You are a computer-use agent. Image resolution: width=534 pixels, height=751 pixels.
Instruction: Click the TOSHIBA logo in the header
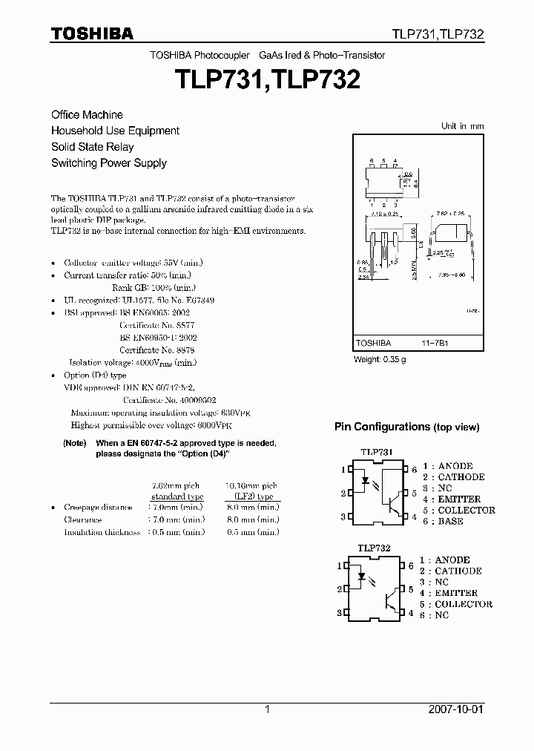[x=92, y=33]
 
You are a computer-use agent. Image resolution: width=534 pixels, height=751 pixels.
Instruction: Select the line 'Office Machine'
[x=87, y=115]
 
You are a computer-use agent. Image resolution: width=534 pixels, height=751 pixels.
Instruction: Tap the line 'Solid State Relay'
[x=92, y=147]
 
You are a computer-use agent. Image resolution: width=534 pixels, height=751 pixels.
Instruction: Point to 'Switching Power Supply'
[x=108, y=163]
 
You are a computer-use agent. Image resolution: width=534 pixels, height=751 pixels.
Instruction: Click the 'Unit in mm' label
[x=462, y=126]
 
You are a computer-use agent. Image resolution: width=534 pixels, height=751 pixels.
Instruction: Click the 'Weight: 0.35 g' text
[x=380, y=359]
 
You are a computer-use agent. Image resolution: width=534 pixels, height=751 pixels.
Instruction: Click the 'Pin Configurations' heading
[x=406, y=427]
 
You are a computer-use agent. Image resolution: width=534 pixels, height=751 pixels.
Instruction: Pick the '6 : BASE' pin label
[x=443, y=521]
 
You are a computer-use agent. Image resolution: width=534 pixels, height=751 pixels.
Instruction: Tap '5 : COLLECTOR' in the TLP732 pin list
[x=455, y=604]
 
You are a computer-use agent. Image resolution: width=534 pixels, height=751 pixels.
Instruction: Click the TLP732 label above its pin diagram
[x=375, y=548]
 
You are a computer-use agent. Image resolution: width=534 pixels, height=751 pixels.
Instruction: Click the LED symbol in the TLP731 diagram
[x=366, y=480]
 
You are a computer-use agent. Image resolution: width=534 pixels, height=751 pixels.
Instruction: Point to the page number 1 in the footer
[x=267, y=709]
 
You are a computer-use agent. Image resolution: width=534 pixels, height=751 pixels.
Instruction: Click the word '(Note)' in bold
[x=75, y=443]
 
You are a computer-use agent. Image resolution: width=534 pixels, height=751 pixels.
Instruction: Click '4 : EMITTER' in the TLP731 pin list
[x=451, y=499]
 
